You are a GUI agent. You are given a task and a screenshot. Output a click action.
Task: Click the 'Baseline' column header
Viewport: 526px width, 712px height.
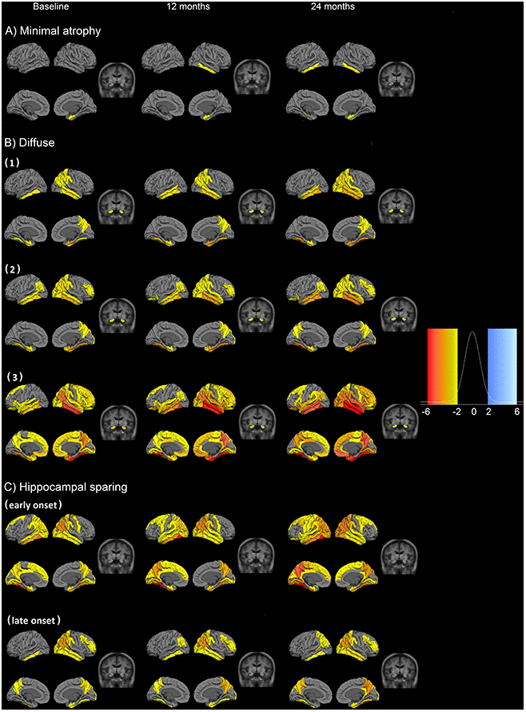50,6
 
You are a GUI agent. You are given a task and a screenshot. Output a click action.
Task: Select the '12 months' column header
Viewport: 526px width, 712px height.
188,6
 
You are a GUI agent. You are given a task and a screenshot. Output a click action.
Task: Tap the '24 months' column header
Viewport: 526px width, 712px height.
333,6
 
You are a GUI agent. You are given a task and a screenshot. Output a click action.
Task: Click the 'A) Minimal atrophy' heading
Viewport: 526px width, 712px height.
53,31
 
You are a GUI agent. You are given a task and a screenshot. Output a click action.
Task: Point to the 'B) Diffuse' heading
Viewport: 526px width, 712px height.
30,142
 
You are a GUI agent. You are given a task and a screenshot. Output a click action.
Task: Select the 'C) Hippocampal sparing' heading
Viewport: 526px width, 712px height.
66,487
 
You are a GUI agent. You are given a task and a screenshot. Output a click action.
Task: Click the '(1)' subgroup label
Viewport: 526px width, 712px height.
12,162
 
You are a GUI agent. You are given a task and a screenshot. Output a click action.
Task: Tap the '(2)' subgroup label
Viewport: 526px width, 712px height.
13,268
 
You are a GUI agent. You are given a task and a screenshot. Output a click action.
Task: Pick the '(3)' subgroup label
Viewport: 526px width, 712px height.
15,377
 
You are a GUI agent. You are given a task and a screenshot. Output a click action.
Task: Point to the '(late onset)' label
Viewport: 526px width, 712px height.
34,620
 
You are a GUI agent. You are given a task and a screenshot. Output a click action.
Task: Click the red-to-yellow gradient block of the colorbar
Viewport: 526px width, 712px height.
442,366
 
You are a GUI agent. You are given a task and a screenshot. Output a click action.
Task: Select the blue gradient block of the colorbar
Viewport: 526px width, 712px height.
502,366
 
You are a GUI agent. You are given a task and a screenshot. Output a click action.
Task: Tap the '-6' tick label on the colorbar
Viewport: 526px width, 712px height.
425,412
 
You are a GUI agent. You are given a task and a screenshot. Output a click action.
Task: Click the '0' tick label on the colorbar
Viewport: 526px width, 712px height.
473,412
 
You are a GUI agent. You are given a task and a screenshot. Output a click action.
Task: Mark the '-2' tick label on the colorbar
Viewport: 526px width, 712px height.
457,412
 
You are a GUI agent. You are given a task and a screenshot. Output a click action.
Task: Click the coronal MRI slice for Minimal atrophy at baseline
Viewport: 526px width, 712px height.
117,80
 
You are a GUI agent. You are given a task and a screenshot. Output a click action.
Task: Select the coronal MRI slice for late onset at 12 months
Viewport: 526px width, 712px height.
257,670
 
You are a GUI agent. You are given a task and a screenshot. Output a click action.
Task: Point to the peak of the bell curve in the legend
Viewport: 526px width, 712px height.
472,332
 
